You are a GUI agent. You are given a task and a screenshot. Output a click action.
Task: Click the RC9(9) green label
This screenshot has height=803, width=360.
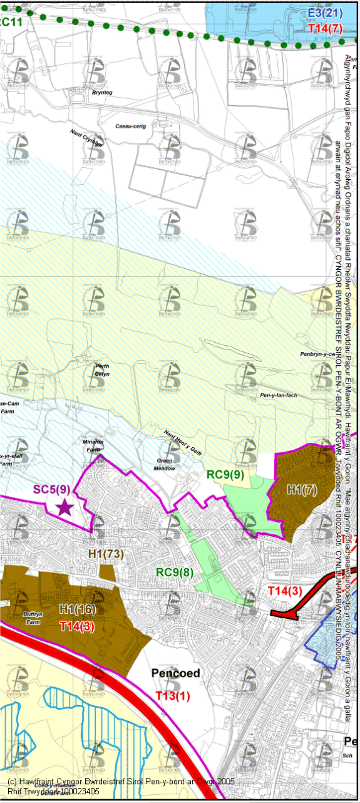tap(225, 475)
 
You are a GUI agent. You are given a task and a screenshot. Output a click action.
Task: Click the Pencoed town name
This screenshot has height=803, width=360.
tap(175, 673)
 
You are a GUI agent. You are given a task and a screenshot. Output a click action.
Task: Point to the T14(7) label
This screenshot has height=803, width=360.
tap(324, 28)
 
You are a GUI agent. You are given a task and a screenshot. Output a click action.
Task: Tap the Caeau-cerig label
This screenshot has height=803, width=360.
tap(131, 126)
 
